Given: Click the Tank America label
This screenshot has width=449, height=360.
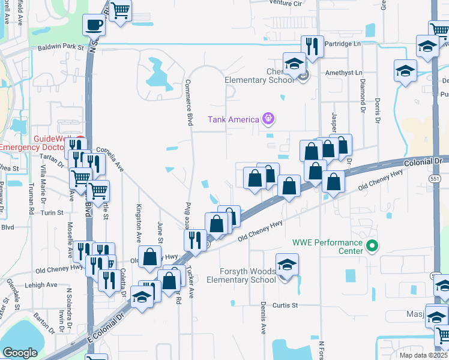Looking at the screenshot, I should click(233, 119).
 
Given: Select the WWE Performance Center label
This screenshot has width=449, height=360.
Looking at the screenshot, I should click(327, 247).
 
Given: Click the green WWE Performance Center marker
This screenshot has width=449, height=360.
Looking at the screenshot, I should click(372, 245).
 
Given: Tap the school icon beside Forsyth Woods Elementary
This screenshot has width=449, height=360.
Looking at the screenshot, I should click(287, 264).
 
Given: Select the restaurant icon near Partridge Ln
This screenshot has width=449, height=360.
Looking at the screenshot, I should click(312, 46).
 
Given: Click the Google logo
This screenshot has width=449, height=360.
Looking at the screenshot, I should click(20, 353).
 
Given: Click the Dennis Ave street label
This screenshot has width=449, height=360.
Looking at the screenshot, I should click(263, 321).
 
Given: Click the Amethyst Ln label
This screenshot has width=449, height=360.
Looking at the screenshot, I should click(341, 73).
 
